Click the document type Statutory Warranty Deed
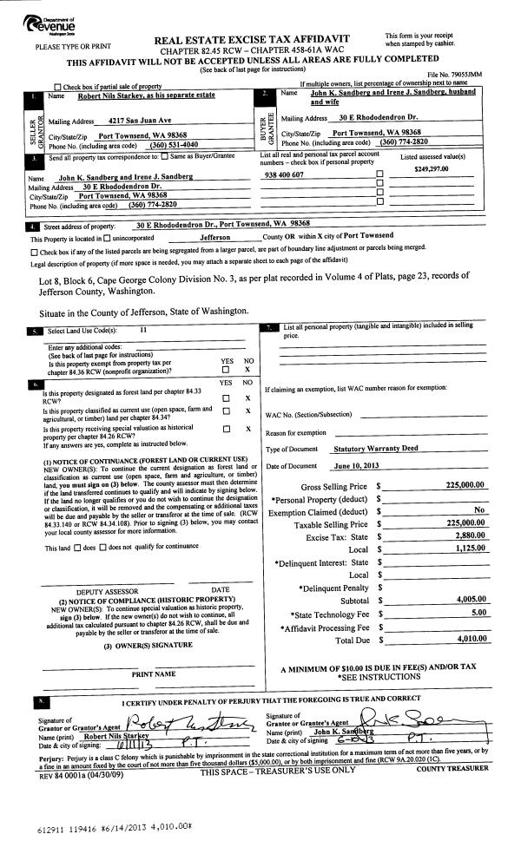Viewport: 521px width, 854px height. [376, 449]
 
